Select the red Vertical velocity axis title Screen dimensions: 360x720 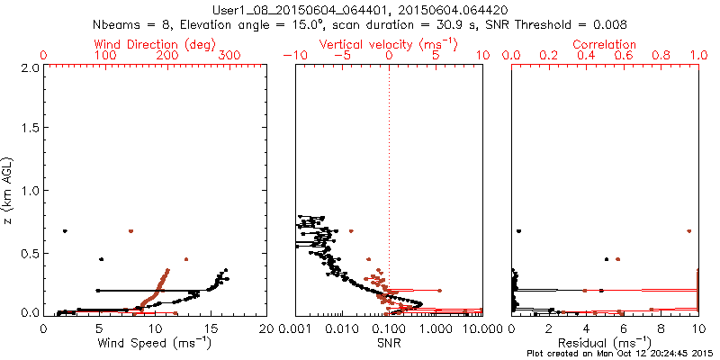pos(388,43)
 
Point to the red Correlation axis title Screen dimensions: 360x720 pos(605,43)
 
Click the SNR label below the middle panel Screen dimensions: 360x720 pos(389,343)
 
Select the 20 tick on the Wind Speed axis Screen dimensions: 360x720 pos(265,328)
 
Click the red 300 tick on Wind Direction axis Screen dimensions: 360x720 pos(230,56)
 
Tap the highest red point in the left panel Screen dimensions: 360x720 pos(131,231)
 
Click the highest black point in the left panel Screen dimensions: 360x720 pos(65,231)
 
